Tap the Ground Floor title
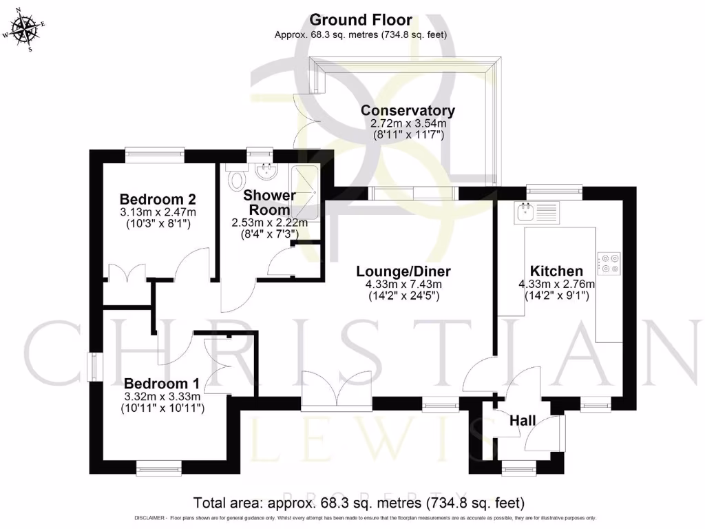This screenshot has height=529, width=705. pos(361,20)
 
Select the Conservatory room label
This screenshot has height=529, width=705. pos(408,110)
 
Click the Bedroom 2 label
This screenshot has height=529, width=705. pos(158,200)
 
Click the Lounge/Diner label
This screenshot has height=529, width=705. pos(403,271)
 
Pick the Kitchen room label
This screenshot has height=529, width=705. pos(556,271)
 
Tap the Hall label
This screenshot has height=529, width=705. pos(523,421)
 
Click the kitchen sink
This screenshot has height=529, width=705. pos(537,211)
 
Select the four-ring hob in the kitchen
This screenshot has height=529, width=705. pos(609,262)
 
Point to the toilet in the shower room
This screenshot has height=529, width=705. pos(236,177)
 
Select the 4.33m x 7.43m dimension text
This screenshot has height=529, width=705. pos(403,284)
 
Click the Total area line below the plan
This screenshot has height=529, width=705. pos(359,501)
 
